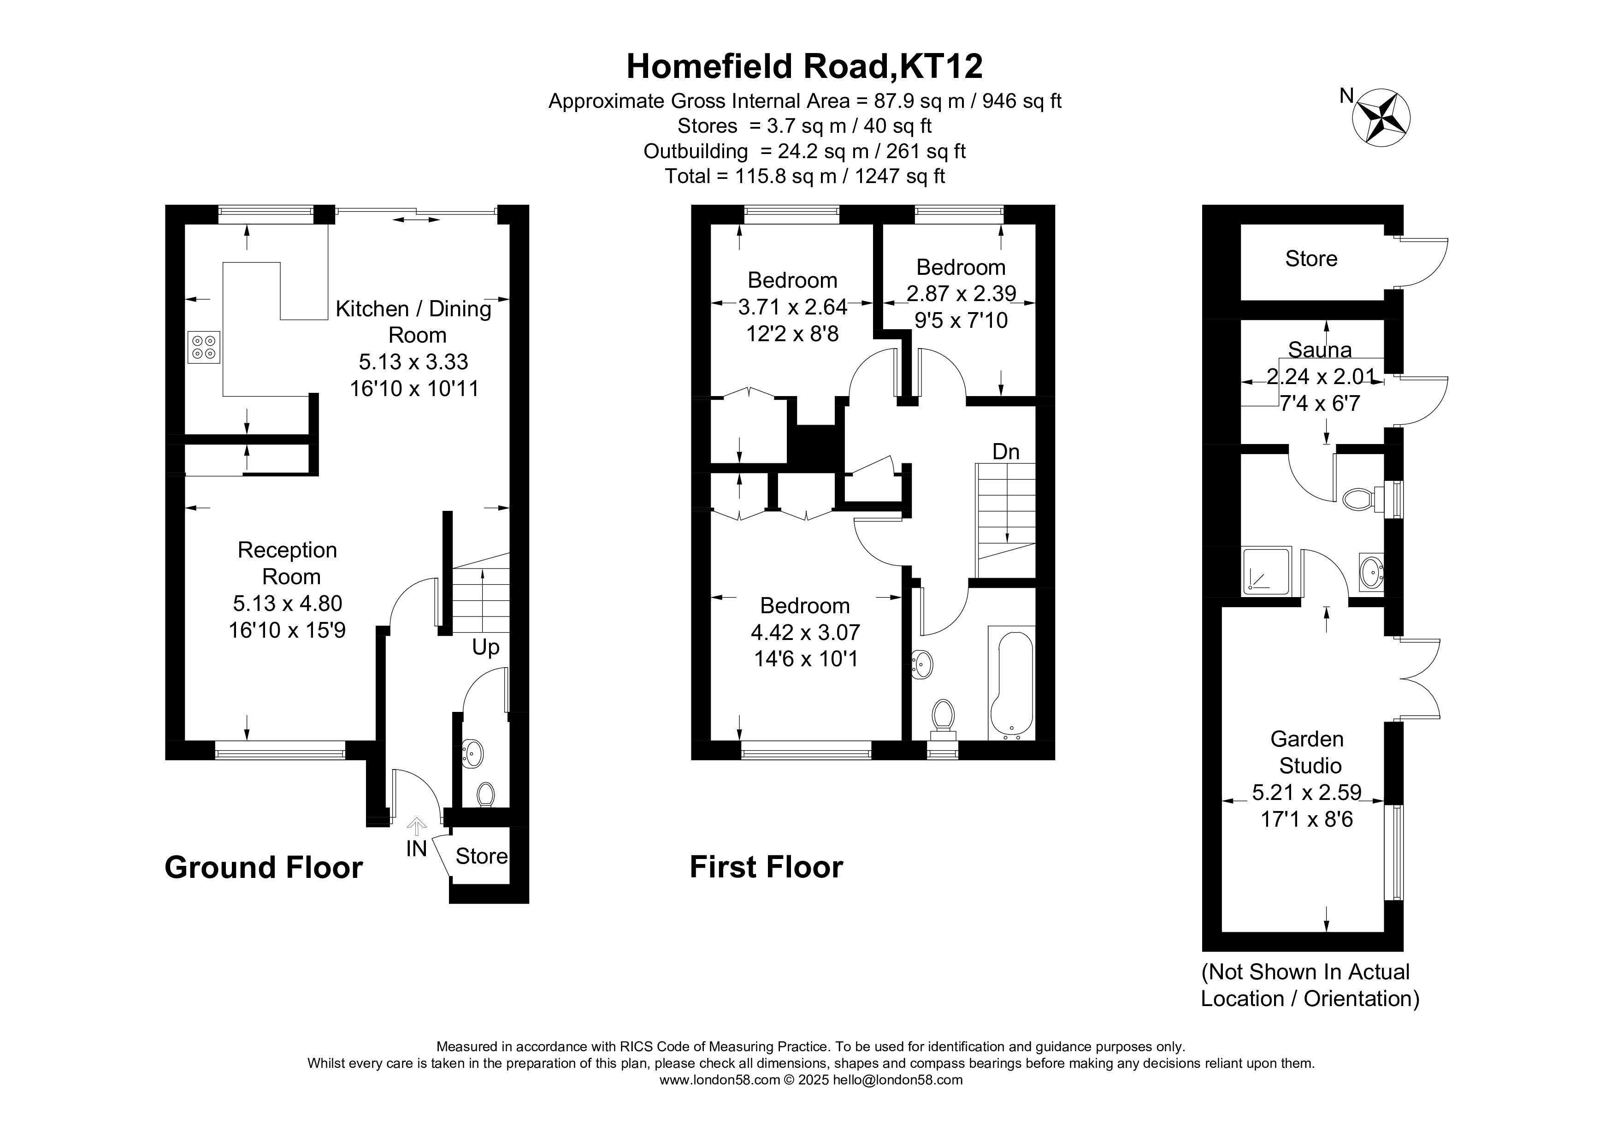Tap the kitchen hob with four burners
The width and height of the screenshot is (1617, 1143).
[204, 347]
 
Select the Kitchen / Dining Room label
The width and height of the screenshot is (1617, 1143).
[413, 321]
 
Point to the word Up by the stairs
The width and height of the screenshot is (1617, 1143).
[485, 647]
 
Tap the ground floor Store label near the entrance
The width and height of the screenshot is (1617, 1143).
[481, 856]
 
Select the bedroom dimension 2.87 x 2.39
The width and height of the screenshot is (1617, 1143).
[961, 293]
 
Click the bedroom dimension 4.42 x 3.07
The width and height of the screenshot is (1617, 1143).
[805, 633]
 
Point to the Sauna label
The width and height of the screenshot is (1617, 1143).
[1320, 350]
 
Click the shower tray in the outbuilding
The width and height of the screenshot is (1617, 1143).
[1267, 570]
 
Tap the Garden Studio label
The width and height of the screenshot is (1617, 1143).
[1308, 752]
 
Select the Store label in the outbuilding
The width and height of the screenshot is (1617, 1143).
[1311, 259]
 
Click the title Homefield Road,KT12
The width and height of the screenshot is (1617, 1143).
[804, 66]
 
